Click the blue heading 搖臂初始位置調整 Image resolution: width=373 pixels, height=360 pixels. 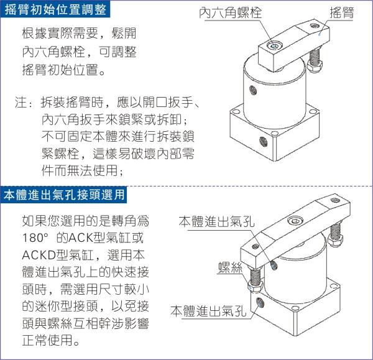[55, 10]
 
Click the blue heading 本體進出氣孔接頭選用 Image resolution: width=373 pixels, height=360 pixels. [64, 195]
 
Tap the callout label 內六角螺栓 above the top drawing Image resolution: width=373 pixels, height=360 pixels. [230, 12]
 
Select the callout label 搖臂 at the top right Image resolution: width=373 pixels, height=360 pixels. [342, 12]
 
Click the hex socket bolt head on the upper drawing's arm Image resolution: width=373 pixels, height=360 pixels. [275, 45]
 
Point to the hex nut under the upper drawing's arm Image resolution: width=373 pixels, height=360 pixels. [315, 65]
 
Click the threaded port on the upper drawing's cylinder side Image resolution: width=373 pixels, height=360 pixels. [253, 90]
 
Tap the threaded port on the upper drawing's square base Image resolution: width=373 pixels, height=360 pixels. [263, 142]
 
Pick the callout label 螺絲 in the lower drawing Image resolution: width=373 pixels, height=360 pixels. [230, 267]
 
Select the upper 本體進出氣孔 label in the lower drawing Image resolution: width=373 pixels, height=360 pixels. [216, 221]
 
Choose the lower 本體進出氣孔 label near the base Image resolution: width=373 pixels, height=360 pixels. [208, 311]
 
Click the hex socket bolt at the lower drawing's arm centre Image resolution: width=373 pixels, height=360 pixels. [295, 221]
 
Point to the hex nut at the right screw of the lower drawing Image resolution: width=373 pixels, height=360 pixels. [335, 239]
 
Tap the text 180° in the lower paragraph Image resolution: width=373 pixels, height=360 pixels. [35, 238]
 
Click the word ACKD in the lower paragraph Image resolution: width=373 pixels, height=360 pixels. [39, 255]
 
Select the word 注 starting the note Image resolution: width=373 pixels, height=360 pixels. [21, 102]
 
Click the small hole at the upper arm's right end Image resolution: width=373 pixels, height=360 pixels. [314, 25]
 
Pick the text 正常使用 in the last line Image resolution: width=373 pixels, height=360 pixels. [47, 340]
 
